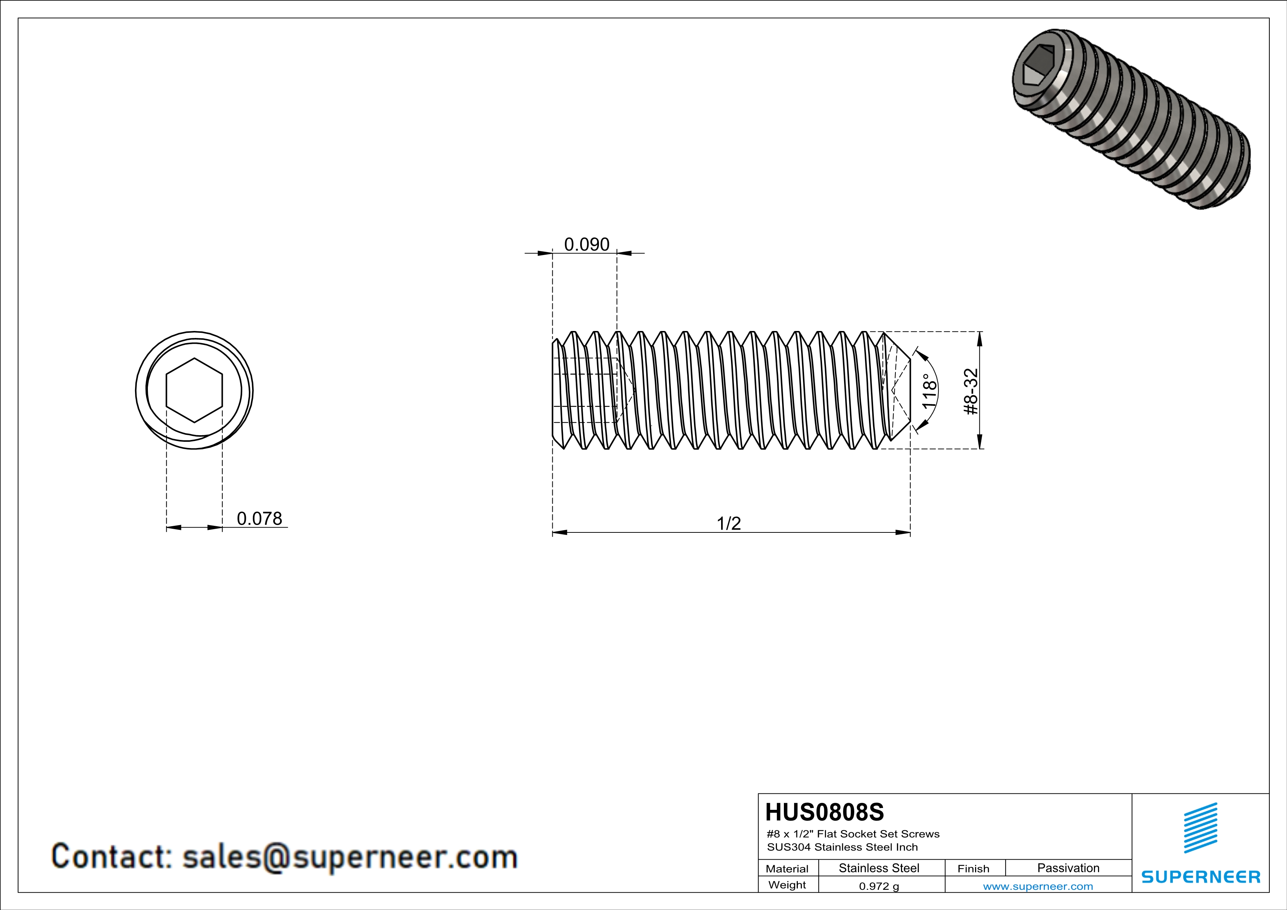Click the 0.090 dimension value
[586, 245]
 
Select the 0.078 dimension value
[259, 519]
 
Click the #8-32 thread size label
[971, 391]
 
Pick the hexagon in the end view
[194, 390]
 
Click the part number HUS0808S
[824, 812]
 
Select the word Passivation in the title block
[1068, 868]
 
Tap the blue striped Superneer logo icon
[1200, 828]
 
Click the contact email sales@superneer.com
[349, 857]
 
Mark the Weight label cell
[787, 885]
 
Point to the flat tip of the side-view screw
[909, 390]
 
